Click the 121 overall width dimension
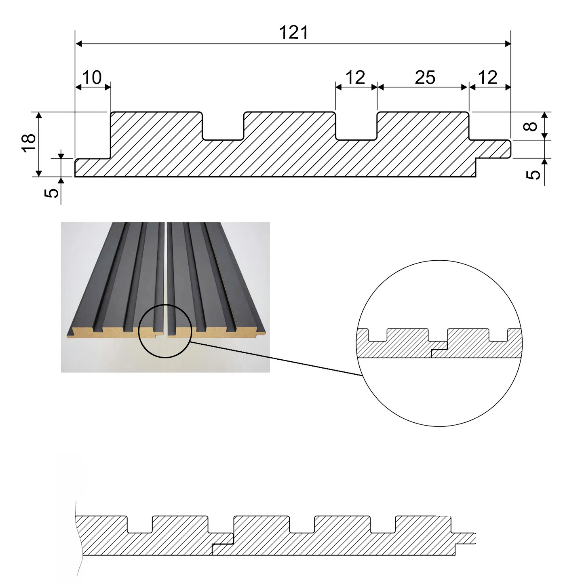click(294, 33)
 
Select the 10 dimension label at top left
click(93, 77)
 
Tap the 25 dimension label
click(425, 77)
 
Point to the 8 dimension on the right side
click(533, 126)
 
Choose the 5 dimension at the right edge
click(534, 174)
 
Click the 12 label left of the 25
click(356, 77)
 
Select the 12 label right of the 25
click(488, 77)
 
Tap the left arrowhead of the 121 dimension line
click(79, 43)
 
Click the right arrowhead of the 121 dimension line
click(508, 43)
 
